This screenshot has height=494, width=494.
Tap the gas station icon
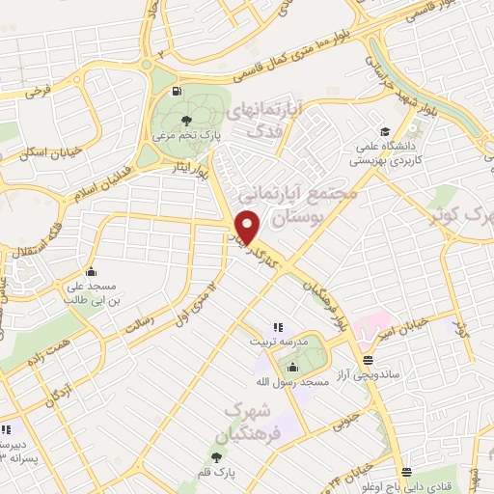coord(175,93)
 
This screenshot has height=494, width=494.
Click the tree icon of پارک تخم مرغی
coord(185,122)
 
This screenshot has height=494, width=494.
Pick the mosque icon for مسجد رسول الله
coord(292,366)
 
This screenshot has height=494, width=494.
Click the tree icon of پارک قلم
coord(216,456)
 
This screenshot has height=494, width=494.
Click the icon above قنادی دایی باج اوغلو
coord(406,473)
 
